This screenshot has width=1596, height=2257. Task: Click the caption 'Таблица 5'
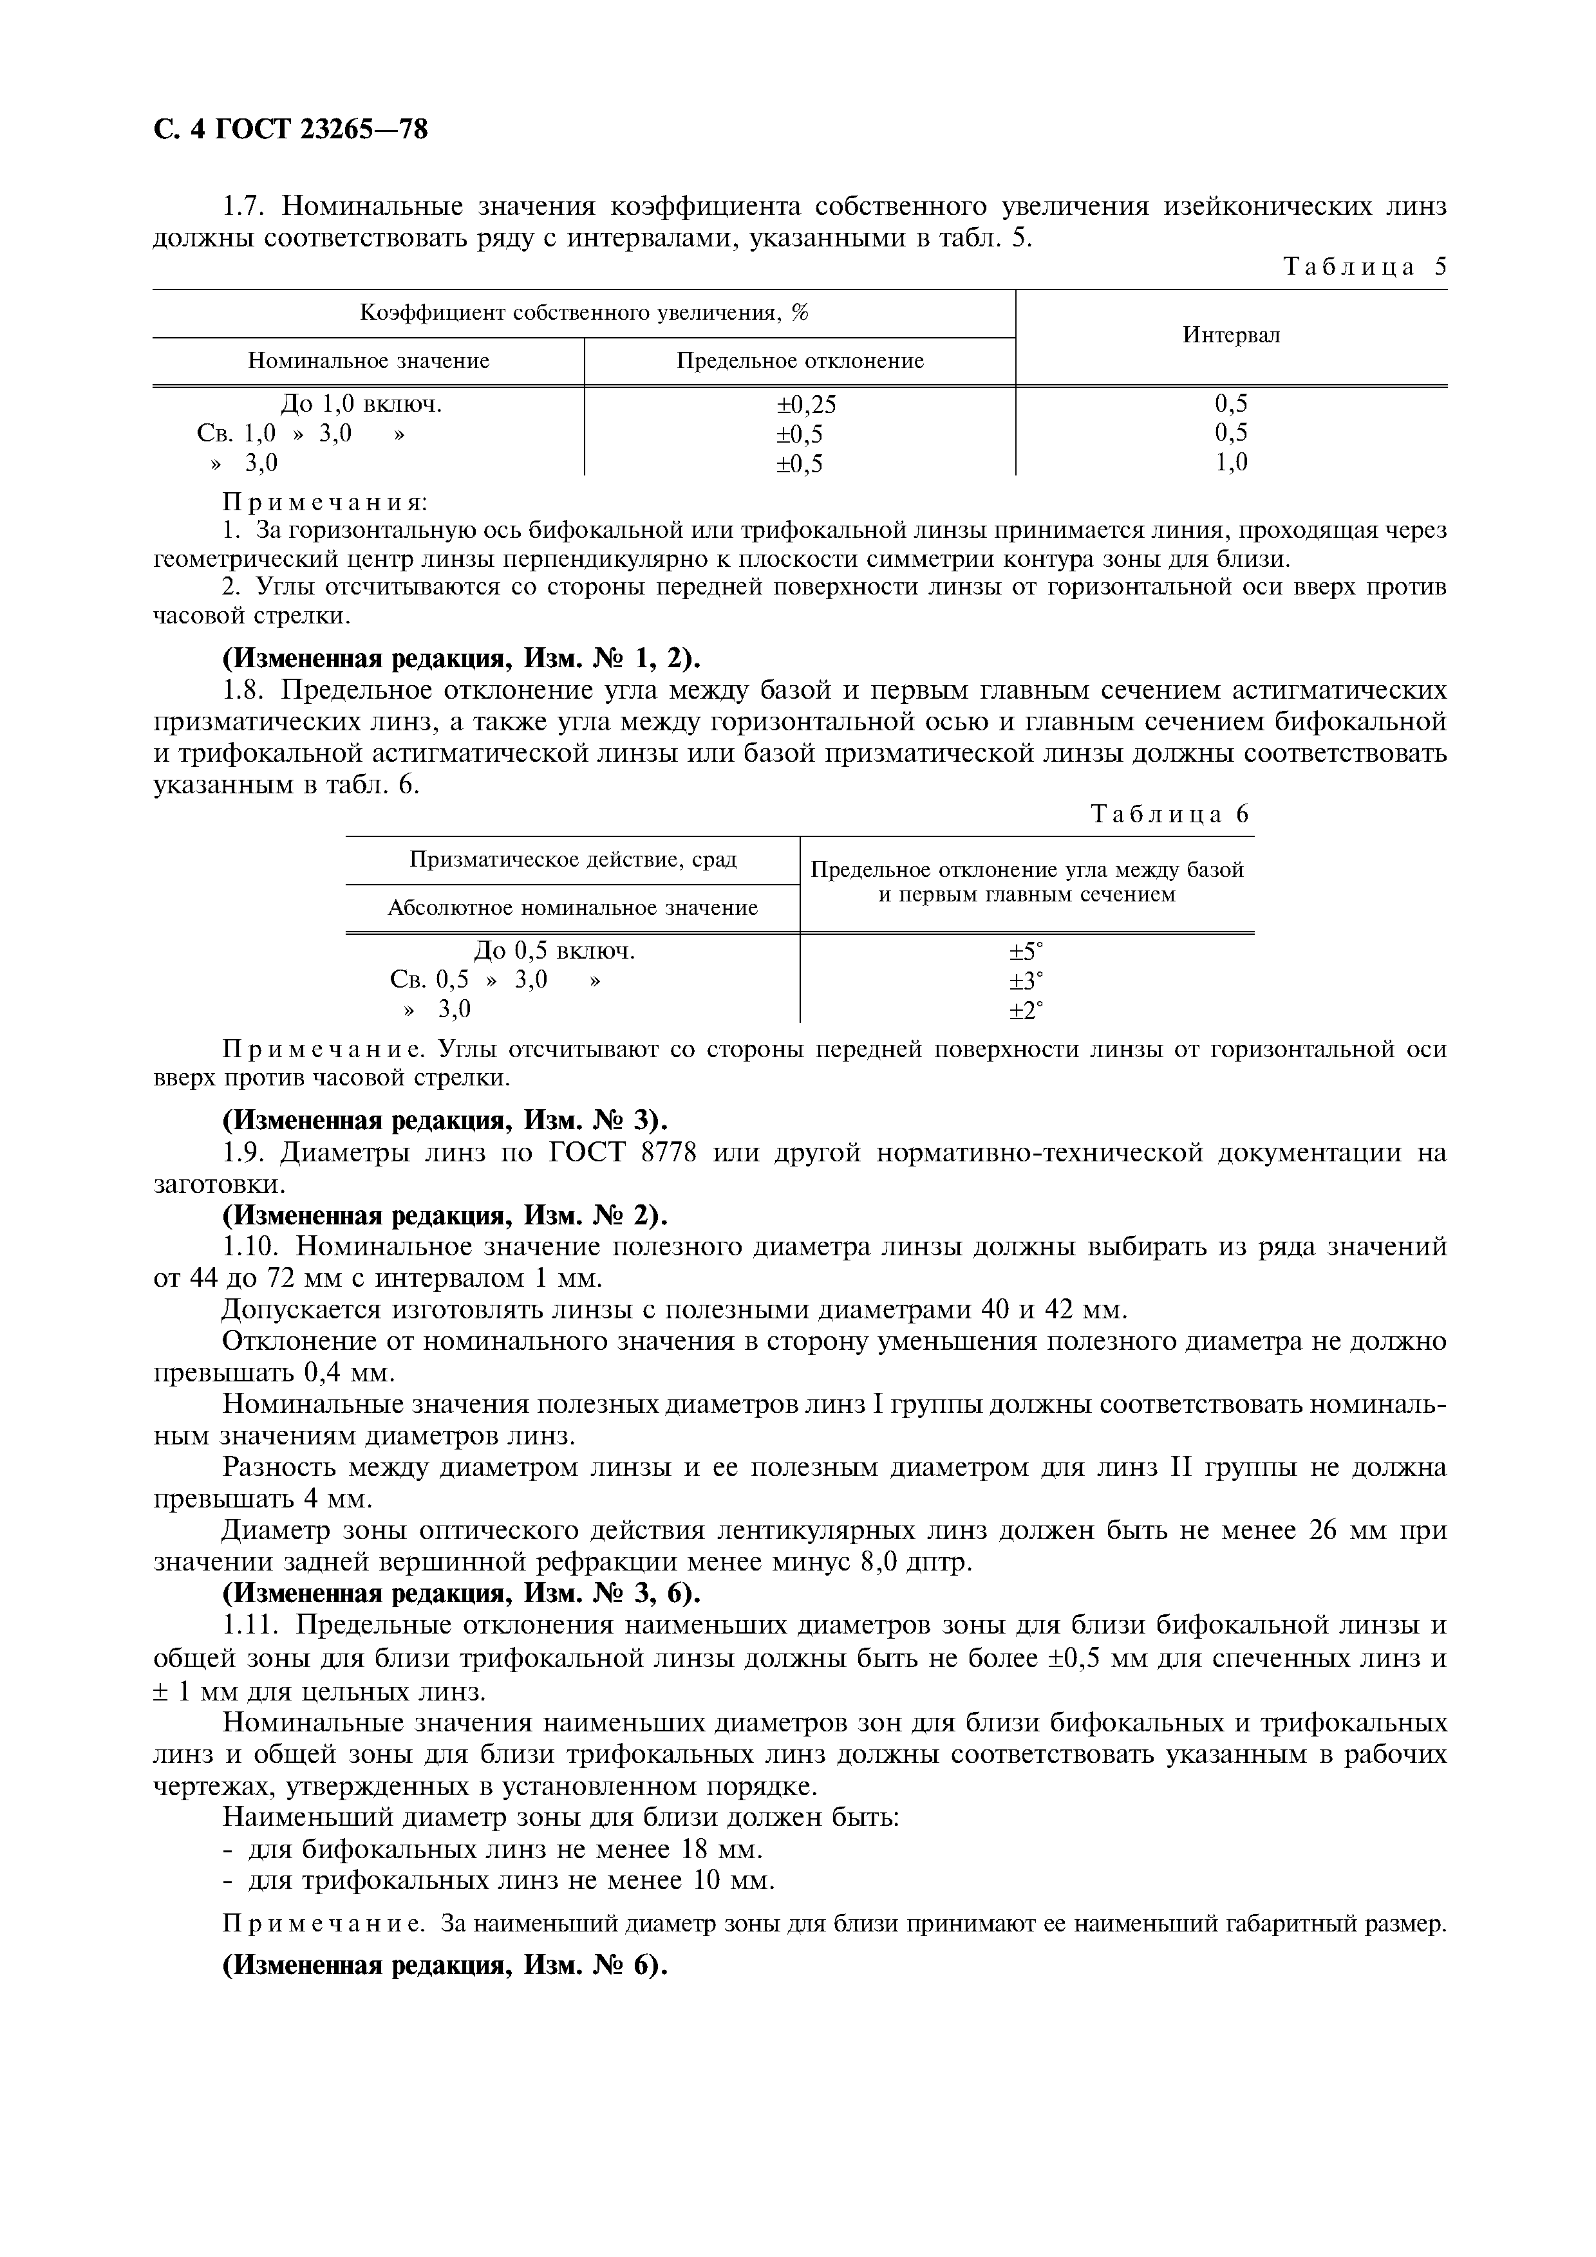click(1365, 268)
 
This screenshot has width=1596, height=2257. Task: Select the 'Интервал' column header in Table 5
click(1231, 335)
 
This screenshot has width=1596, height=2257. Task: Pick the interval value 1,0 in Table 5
click(1231, 462)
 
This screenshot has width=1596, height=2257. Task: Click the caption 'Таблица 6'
click(1170, 814)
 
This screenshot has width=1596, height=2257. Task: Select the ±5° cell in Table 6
click(1025, 952)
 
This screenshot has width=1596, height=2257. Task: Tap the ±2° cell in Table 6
click(1025, 1009)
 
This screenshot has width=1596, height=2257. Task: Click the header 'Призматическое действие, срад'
click(572, 860)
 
